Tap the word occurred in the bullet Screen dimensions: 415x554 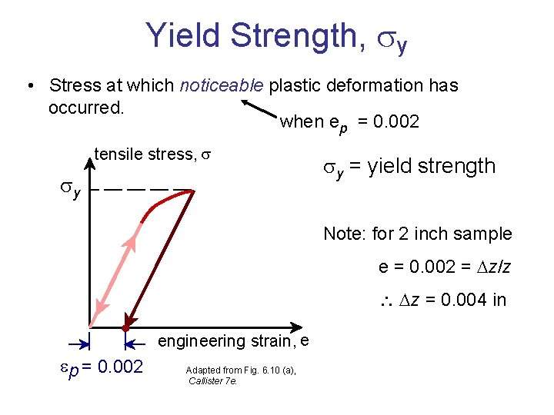85,107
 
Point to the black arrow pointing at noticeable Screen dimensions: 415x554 257,109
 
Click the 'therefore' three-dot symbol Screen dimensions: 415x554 388,300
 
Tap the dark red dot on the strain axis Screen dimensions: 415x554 125,327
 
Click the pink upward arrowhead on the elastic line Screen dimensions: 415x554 132,244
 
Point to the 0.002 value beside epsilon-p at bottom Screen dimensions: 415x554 117,367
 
